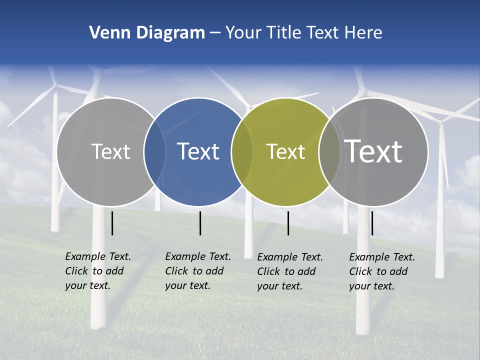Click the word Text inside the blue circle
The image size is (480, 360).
[x=198, y=151]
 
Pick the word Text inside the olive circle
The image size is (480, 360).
[x=285, y=151]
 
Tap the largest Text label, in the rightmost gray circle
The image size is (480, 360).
[x=373, y=151]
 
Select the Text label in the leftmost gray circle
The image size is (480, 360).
[x=110, y=151]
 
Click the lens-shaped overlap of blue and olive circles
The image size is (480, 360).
[x=241, y=152]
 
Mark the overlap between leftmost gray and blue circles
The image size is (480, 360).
[x=154, y=152]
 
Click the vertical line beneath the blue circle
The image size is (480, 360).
[x=200, y=223]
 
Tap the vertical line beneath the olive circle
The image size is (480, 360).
[x=288, y=223]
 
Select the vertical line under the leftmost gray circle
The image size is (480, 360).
[x=112, y=223]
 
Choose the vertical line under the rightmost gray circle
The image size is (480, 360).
[x=372, y=223]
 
